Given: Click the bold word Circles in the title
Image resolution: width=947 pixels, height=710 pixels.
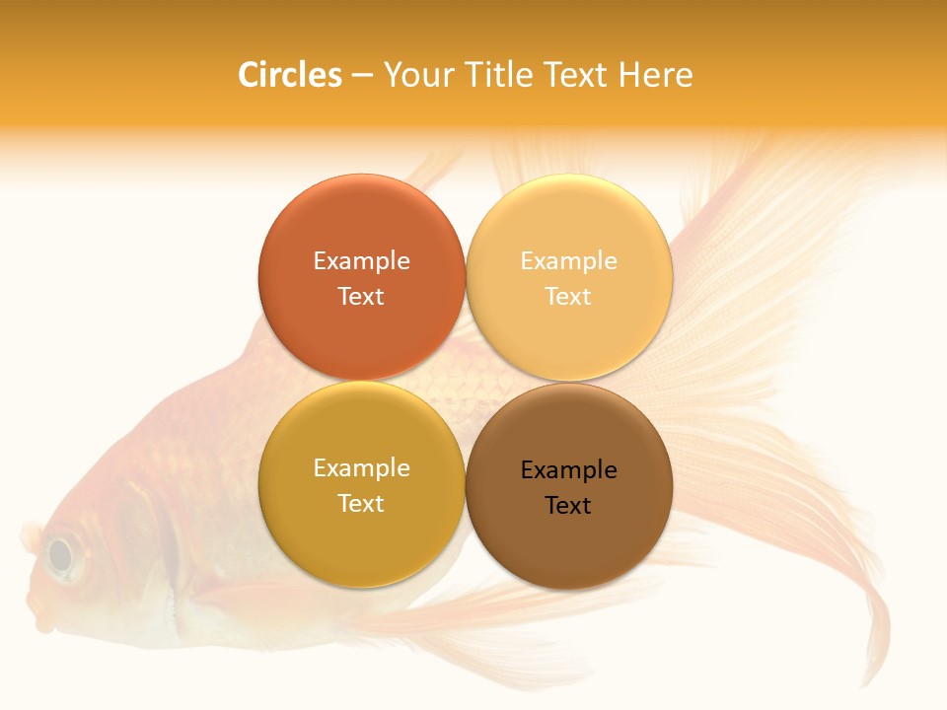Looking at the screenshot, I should point(289,75).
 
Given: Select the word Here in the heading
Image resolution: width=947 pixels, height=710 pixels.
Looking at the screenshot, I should point(656,75).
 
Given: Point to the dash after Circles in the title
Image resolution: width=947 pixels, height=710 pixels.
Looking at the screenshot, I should point(362,76).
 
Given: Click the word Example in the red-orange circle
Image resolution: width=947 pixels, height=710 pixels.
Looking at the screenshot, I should point(361,261).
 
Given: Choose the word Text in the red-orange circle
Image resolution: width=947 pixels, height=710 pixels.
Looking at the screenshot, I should point(361,297).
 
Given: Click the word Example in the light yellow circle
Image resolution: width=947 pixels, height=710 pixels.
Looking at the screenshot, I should point(568,261).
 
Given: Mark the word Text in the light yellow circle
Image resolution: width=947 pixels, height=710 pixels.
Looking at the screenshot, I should point(568,297).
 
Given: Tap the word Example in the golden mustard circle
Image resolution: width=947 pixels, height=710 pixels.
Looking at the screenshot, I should point(361,468).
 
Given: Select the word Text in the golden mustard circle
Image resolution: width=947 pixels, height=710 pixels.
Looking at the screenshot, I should point(361,504).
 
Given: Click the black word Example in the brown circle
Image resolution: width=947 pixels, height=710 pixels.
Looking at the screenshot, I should point(568,470).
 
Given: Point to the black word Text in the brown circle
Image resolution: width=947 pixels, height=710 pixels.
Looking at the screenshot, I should point(568,506).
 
